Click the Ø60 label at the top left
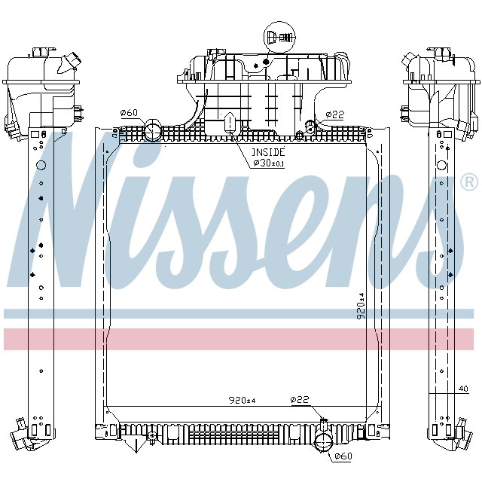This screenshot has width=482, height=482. pos(130,113)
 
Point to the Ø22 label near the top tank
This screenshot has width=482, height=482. pos(334,114)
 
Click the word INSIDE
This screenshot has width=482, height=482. pos(268,151)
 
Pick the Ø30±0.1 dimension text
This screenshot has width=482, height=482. pos(269,163)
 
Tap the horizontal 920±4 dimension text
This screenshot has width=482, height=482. pos(242,401)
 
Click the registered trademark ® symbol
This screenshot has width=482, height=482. pos(468,182)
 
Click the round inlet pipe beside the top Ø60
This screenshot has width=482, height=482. pos(152,130)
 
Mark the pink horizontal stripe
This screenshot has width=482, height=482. pos(241,339)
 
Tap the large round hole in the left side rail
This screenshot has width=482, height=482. pos(41,165)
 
